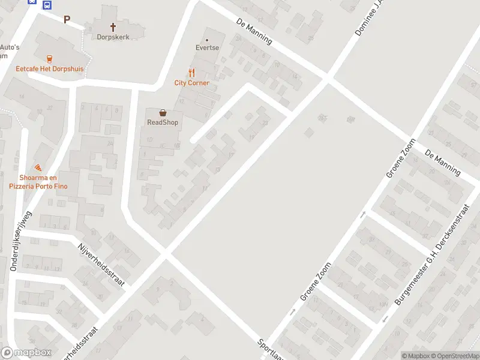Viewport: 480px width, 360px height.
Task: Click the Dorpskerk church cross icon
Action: pyautogui.click(x=113, y=26)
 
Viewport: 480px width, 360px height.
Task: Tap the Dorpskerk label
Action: pyautogui.click(x=113, y=37)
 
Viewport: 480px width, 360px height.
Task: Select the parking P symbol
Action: pyautogui.click(x=67, y=19)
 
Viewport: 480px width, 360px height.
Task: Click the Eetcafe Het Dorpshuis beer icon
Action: pyautogui.click(x=49, y=59)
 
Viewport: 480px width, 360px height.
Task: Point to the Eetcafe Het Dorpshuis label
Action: pyautogui.click(x=49, y=69)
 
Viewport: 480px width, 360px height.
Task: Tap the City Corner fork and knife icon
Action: pyautogui.click(x=192, y=73)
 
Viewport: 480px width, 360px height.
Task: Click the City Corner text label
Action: pyautogui.click(x=192, y=83)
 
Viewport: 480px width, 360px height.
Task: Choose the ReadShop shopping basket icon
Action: pyautogui.click(x=163, y=112)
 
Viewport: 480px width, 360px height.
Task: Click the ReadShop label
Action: pyautogui.click(x=163, y=122)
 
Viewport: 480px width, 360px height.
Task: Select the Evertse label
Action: pyautogui.click(x=207, y=47)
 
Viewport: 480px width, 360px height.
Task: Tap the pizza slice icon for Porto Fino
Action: pyautogui.click(x=38, y=167)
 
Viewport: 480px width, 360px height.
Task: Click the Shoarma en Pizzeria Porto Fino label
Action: pyautogui.click(x=38, y=182)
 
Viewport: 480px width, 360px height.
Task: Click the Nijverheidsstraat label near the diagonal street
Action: pyautogui.click(x=100, y=265)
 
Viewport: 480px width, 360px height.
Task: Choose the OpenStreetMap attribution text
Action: pyautogui.click(x=454, y=356)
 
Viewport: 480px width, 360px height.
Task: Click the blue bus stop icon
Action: pyautogui.click(x=47, y=4)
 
